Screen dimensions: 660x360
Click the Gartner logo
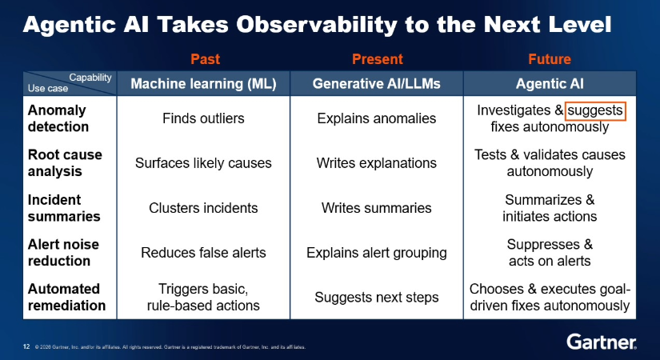(x=602, y=342)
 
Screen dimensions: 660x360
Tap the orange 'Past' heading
(x=205, y=59)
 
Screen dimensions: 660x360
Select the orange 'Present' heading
(x=377, y=59)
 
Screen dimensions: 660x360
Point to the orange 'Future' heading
(x=550, y=59)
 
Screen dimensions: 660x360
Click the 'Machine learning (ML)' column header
(x=203, y=84)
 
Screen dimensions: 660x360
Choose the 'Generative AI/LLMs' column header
(x=376, y=84)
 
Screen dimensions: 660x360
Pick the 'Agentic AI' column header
(x=550, y=84)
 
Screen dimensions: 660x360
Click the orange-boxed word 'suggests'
(x=595, y=110)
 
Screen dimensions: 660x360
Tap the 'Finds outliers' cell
(x=203, y=118)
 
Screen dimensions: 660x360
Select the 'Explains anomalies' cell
(x=376, y=118)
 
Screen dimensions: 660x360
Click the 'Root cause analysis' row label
(x=65, y=163)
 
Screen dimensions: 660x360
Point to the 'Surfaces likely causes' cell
(x=203, y=163)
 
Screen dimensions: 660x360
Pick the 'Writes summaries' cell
(x=376, y=207)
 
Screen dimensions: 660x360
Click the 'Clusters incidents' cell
(x=203, y=207)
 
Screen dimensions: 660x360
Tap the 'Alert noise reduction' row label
(x=63, y=252)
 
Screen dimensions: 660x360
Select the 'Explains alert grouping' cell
(x=376, y=253)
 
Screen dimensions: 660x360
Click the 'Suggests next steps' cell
(x=376, y=298)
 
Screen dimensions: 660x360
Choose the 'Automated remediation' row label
(x=66, y=297)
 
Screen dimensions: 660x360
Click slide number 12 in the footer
(x=26, y=347)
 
